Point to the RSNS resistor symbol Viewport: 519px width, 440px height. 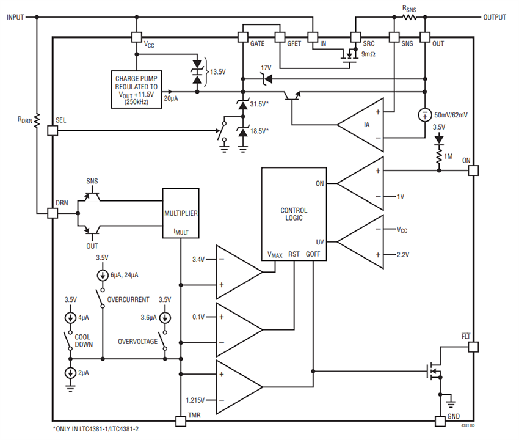click(x=408, y=18)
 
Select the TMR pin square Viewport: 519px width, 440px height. click(x=180, y=421)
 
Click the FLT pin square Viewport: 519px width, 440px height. click(x=473, y=346)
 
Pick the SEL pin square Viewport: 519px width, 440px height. click(x=53, y=130)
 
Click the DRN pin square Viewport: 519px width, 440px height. click(x=53, y=213)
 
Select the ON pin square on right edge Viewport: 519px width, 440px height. click(x=473, y=171)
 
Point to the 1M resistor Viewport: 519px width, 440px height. click(x=438, y=156)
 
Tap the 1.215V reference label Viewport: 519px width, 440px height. click(x=198, y=400)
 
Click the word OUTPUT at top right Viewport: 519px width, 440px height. click(x=494, y=18)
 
